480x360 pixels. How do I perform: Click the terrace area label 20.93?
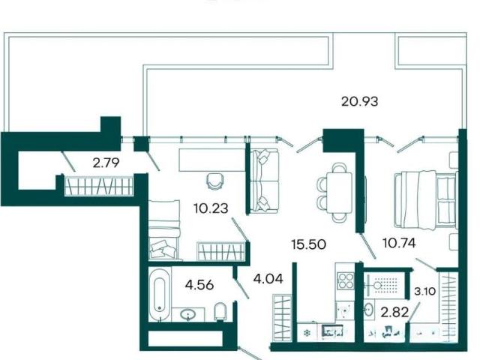coord(360,101)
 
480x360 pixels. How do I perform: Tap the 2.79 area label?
coord(106,163)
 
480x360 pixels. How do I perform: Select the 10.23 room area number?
coord(211,208)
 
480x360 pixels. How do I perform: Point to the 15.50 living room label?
coord(308,244)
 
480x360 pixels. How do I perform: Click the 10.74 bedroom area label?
coord(399,243)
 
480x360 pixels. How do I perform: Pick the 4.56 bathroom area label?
coord(199,285)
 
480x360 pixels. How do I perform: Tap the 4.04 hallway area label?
coord(268,279)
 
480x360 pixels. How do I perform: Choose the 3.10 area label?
coord(425,291)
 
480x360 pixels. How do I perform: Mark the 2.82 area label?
coord(394,313)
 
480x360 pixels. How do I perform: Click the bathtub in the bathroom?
coord(160,295)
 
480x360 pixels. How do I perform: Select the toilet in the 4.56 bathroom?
coord(220,312)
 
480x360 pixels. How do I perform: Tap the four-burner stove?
coord(345,280)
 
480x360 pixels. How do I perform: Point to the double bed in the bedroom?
coord(425,200)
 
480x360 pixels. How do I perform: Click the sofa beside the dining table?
coord(264,181)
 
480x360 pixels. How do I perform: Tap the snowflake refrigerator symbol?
coord(307,333)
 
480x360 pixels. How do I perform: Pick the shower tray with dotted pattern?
coord(385,286)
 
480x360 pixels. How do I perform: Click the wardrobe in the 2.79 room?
coord(98,186)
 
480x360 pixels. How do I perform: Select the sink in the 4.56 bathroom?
coord(187,314)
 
